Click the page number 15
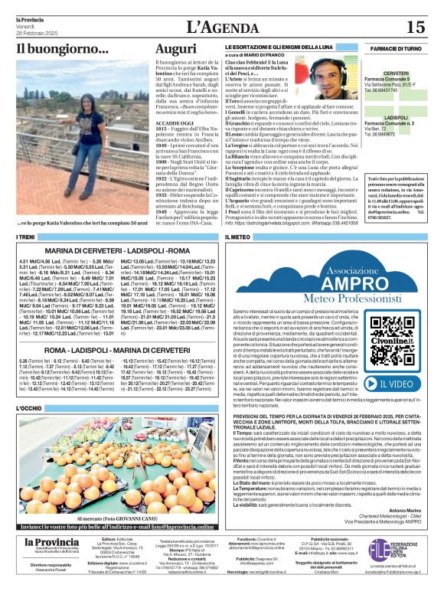point(415,28)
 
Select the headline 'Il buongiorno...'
point(52,50)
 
